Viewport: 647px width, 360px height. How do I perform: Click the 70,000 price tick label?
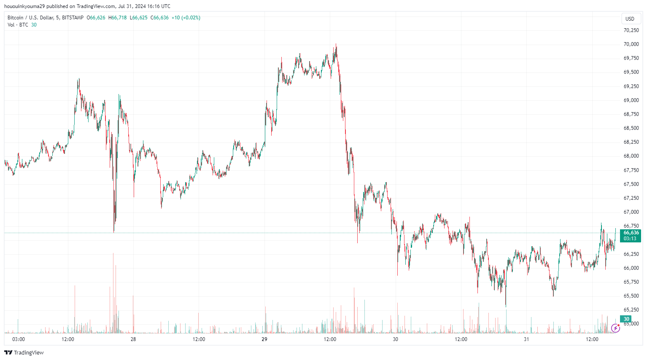click(x=631, y=44)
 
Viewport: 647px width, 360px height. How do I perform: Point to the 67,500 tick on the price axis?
click(x=631, y=184)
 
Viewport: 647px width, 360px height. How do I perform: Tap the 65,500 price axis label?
click(x=631, y=296)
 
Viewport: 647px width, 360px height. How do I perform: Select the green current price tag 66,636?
click(x=631, y=233)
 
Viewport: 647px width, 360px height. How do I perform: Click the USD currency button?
click(x=630, y=19)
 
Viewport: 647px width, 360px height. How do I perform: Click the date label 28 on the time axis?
click(x=133, y=339)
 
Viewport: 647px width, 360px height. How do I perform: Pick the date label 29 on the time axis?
click(x=264, y=339)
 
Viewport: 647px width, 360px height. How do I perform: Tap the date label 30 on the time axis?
click(x=395, y=339)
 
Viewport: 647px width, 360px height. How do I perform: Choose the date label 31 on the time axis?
click(x=526, y=339)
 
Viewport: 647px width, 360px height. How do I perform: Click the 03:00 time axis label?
click(x=19, y=339)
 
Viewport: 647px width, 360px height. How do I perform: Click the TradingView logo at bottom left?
click(x=24, y=352)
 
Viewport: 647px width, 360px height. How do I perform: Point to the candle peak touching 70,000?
click(x=336, y=44)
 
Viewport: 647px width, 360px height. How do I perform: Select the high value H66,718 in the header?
click(x=117, y=18)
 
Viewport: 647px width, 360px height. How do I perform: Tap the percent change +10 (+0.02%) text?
click(x=186, y=18)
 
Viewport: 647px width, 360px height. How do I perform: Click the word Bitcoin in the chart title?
click(x=16, y=18)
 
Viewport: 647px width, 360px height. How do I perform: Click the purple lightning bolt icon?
click(x=615, y=328)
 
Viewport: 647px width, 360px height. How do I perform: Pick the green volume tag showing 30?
click(x=626, y=319)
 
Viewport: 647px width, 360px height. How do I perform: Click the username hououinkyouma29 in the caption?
click(x=24, y=6)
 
